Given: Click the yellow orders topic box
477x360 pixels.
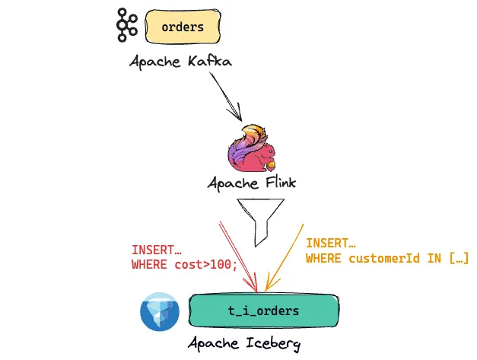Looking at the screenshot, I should pos(183,27).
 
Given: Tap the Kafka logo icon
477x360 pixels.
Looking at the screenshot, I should pos(125,27).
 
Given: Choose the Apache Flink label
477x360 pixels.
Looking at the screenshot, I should pos(253,185).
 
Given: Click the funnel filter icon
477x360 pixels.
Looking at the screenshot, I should pos(261,221).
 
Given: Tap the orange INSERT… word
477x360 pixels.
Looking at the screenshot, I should pos(331,244).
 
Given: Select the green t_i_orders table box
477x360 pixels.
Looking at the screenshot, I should pos(263,311).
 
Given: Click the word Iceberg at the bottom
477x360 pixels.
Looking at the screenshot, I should pos(270,343).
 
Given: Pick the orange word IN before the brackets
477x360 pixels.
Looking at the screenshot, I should pos(433,259).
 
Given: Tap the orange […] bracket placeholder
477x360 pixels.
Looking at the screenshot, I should pos(458,259).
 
